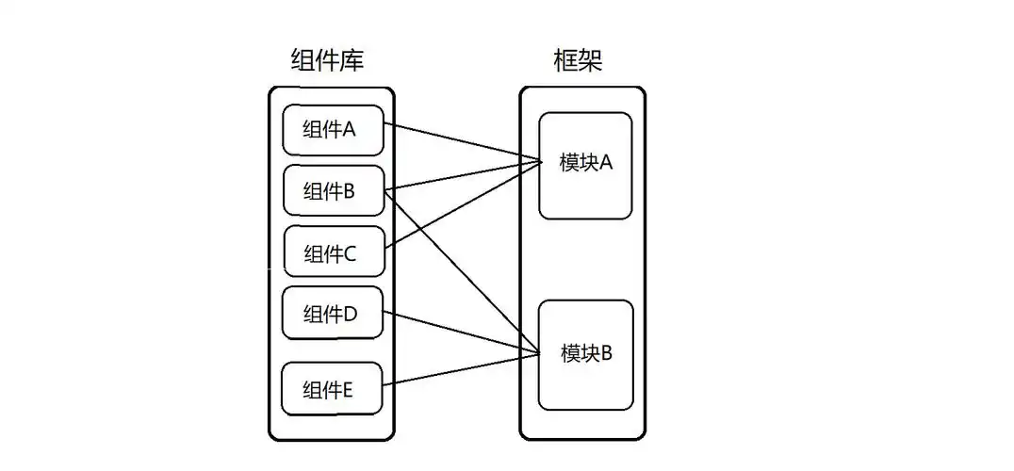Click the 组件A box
point(333,130)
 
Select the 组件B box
point(333,191)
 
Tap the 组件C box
point(333,252)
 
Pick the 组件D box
point(333,314)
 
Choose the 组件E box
point(333,387)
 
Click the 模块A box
point(585,165)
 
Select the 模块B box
point(585,355)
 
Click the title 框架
point(577,61)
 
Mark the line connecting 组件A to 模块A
point(462,142)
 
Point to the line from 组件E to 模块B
point(462,368)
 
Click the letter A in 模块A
point(606,163)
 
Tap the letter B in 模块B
point(606,354)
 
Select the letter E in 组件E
point(348,387)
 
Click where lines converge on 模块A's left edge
point(541,163)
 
